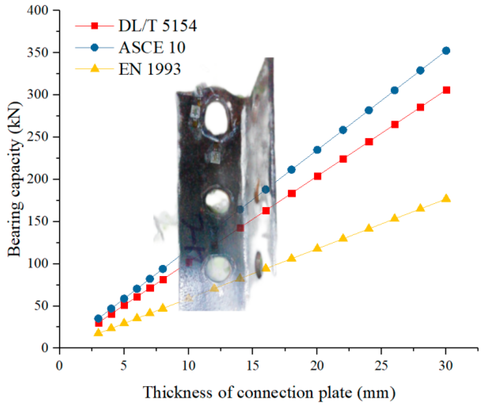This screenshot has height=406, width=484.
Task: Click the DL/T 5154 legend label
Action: click(158, 26)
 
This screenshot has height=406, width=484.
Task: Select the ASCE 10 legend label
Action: click(152, 47)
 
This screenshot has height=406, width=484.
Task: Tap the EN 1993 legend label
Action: click(150, 69)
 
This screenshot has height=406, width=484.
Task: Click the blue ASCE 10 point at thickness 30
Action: click(446, 51)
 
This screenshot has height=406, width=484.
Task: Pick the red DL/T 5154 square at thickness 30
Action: click(446, 90)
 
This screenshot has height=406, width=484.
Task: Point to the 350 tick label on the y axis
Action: click(37, 53)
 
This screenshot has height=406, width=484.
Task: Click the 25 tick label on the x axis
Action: click(381, 366)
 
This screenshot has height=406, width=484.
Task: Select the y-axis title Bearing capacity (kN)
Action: click(15, 179)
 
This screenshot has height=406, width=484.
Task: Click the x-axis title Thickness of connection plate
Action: click(269, 393)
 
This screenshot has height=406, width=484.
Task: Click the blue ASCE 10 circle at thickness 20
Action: click(317, 150)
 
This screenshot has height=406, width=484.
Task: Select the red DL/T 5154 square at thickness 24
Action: click(369, 142)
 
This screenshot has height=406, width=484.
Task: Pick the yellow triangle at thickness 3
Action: click(98, 332)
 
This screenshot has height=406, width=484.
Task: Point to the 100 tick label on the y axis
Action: click(37, 264)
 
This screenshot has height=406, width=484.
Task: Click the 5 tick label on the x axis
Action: click(124, 366)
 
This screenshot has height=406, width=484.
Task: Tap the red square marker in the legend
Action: click(95, 26)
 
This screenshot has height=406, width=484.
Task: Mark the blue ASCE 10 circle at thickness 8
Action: click(163, 269)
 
